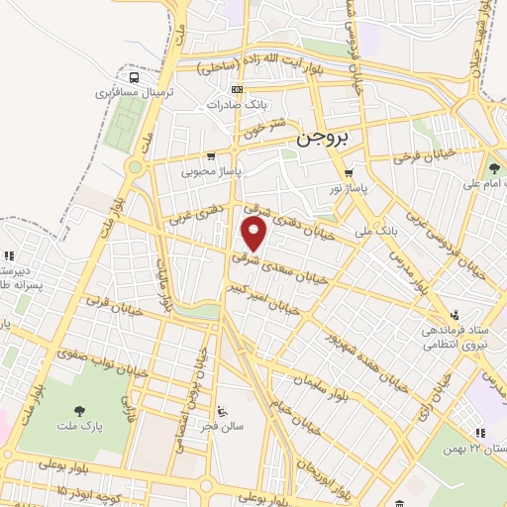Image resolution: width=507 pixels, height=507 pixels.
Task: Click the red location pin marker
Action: tap(254, 235)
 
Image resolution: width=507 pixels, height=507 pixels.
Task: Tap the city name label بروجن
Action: tap(323, 140)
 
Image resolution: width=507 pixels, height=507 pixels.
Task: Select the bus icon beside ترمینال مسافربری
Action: tap(133, 77)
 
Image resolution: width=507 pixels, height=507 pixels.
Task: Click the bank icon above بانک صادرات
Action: tap(236, 89)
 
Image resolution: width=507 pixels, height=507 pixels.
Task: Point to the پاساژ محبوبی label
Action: tap(211, 169)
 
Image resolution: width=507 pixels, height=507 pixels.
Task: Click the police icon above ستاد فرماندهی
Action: tap(456, 312)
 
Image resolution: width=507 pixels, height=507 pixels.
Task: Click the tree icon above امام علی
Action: tap(494, 168)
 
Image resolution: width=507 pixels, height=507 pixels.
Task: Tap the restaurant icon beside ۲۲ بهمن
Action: tap(480, 432)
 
